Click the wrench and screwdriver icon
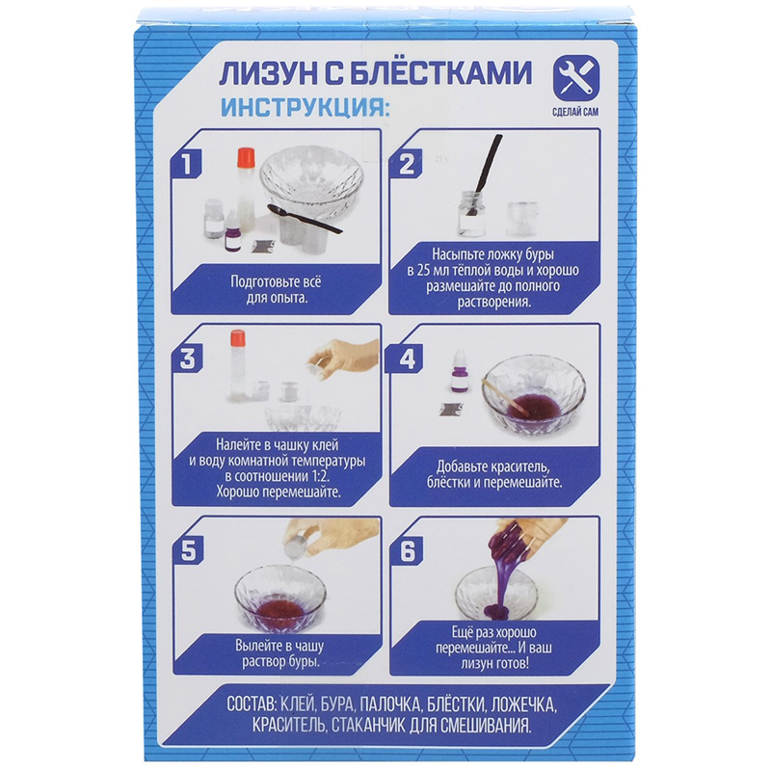pyautogui.click(x=575, y=77)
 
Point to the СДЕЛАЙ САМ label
pyautogui.click(x=575, y=112)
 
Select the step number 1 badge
pyautogui.click(x=187, y=164)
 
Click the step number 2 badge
pyautogui.click(x=406, y=164)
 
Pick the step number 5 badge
pyautogui.click(x=188, y=549)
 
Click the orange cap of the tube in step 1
pyautogui.click(x=246, y=157)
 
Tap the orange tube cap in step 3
pyautogui.click(x=237, y=337)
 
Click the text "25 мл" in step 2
pyautogui.click(x=432, y=271)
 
